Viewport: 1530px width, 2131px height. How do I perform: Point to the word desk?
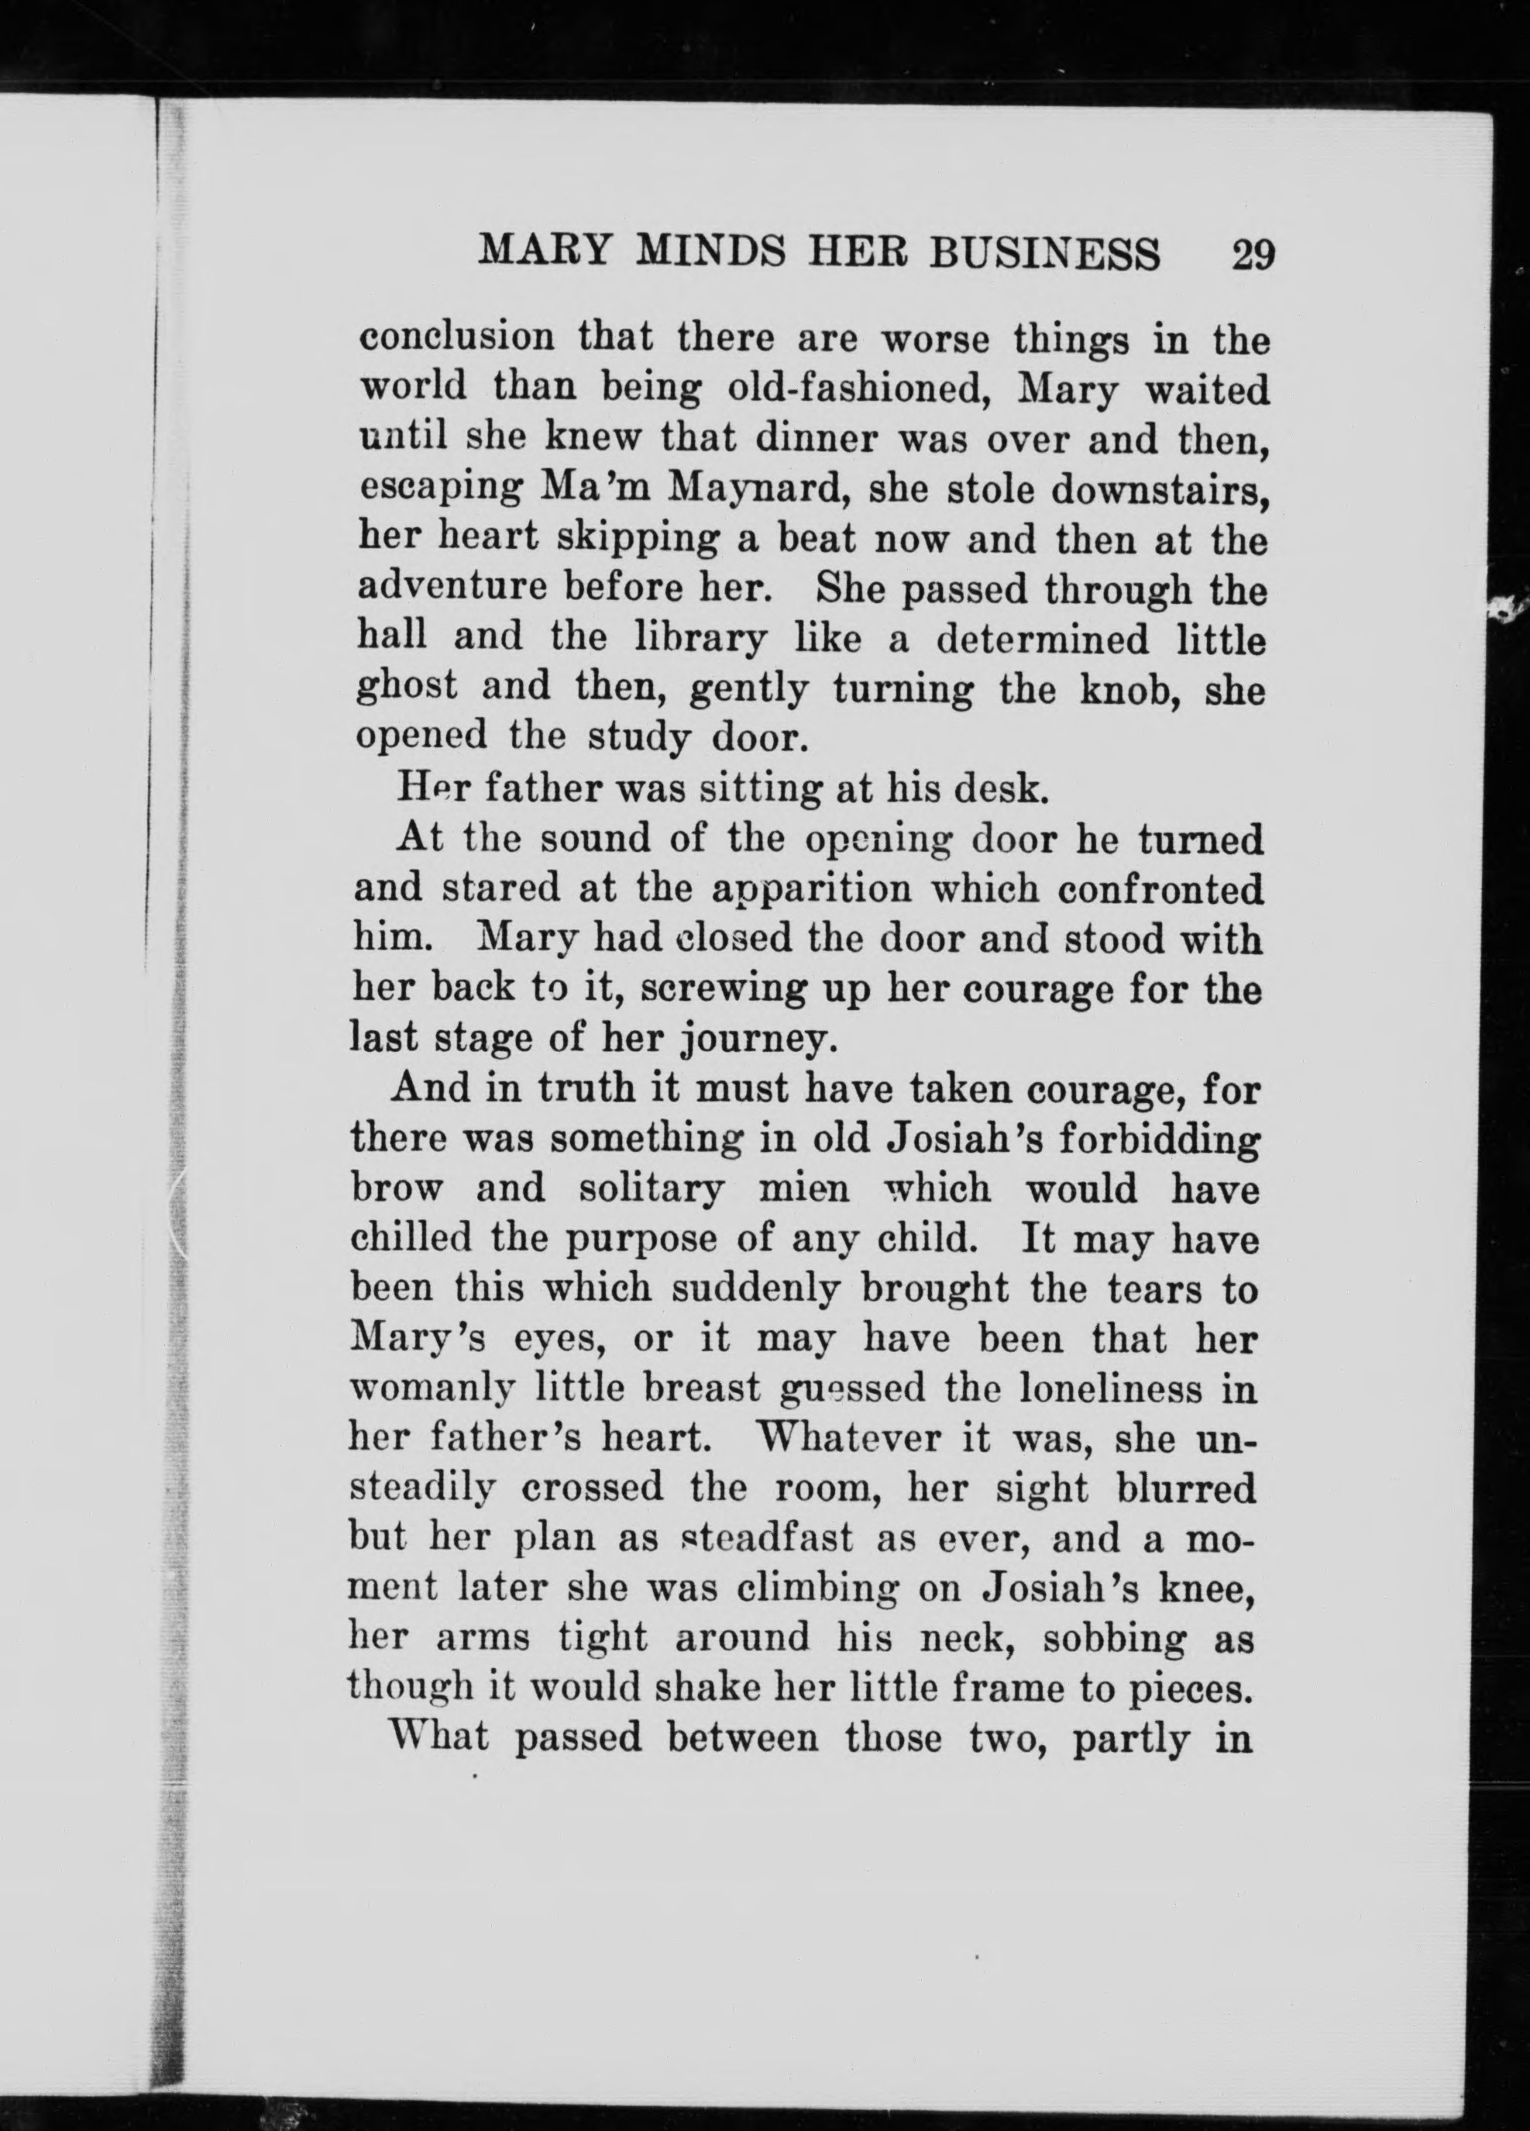999,788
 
